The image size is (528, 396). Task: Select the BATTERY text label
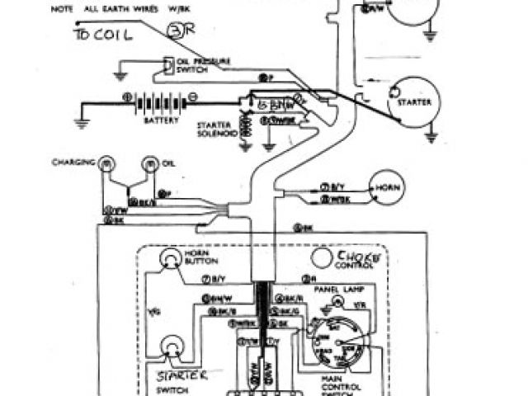[161, 120]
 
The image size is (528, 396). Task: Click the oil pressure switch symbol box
[169, 65]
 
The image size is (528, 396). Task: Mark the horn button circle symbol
[171, 262]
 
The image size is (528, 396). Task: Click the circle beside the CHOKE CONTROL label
[319, 258]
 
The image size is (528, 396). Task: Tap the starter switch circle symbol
[172, 346]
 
